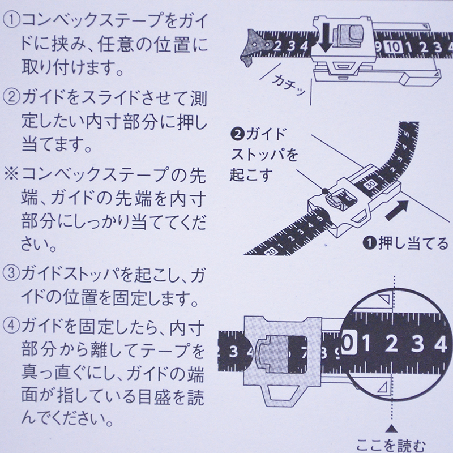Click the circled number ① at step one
coord(11,21)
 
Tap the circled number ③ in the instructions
coord(11,273)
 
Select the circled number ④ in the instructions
coord(11,325)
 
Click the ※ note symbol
coord(11,174)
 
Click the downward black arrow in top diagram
coord(326,37)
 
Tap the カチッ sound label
coord(289,85)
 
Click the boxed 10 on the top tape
coord(393,47)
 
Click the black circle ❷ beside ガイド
coord(237,134)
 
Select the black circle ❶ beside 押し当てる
coord(370,243)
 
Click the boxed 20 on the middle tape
coord(271,251)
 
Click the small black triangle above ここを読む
coord(391,429)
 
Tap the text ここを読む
coord(391,446)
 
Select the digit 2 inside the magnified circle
coord(391,344)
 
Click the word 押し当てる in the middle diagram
coord(413,244)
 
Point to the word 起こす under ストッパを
coord(251,174)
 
